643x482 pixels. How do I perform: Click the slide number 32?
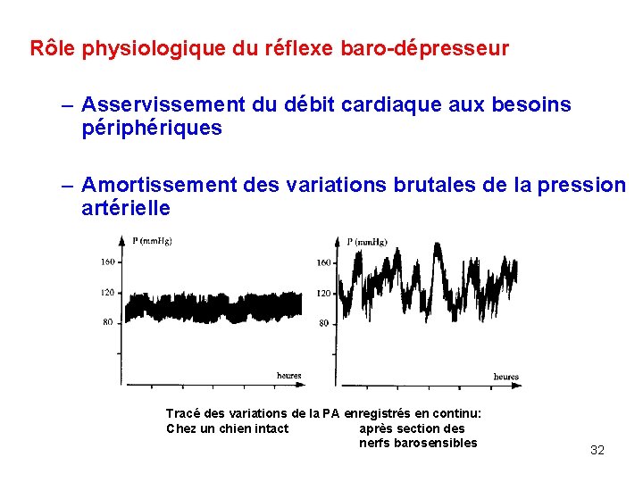pos(597,450)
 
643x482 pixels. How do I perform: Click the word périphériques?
pos(152,129)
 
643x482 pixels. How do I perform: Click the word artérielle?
pos(125,208)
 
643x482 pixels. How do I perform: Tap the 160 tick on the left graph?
pos(107,262)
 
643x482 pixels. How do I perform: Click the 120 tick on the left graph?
pos(107,292)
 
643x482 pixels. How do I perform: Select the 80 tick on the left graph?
pos(109,322)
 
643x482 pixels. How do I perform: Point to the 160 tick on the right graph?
pos(323,262)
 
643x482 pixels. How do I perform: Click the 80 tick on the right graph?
pos(323,323)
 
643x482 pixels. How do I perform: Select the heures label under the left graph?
pos(288,376)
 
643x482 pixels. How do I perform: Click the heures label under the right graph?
pos(505,378)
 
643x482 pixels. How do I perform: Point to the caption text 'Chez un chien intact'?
pos(227,428)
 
